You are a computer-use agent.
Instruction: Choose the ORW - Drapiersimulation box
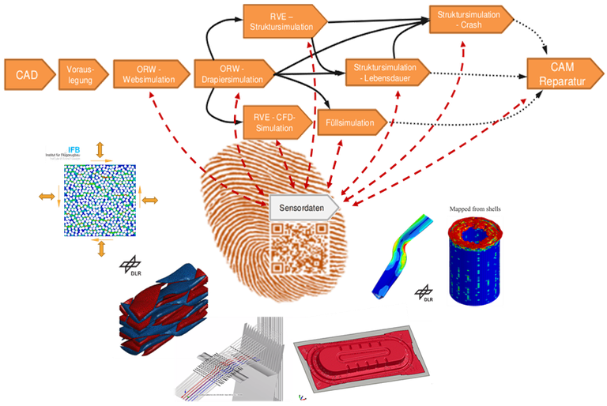tap(231, 75)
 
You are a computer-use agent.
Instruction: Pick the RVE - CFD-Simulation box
tap(274, 120)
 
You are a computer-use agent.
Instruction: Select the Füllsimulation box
tap(353, 123)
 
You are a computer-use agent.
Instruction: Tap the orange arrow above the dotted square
tap(99, 151)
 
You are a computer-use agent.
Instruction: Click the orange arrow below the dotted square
tap(100, 248)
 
